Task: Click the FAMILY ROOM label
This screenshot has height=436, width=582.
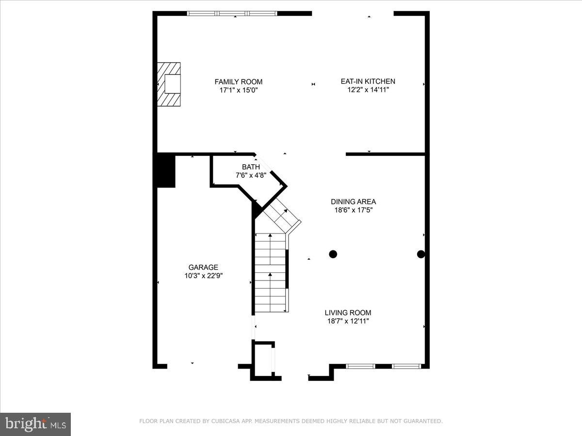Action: coord(239,81)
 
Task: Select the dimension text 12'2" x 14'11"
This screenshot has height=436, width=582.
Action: coord(368,90)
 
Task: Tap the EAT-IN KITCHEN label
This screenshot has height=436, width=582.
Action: coord(368,81)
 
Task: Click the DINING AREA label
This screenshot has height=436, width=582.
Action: coord(353,202)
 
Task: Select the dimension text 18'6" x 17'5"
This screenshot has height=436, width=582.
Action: coord(353,210)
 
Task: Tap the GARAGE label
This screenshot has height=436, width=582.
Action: coord(203,267)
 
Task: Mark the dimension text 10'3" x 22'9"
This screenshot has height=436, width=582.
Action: coord(203,275)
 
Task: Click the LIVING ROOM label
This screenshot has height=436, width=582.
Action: coord(348,312)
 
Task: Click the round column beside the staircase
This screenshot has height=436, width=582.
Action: coord(333,254)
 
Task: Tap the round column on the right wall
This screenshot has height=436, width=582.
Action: coord(421,254)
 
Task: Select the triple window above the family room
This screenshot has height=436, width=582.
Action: coord(232,14)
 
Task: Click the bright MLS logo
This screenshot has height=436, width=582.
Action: coord(35,424)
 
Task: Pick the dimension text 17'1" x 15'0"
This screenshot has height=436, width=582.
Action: coord(239,90)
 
